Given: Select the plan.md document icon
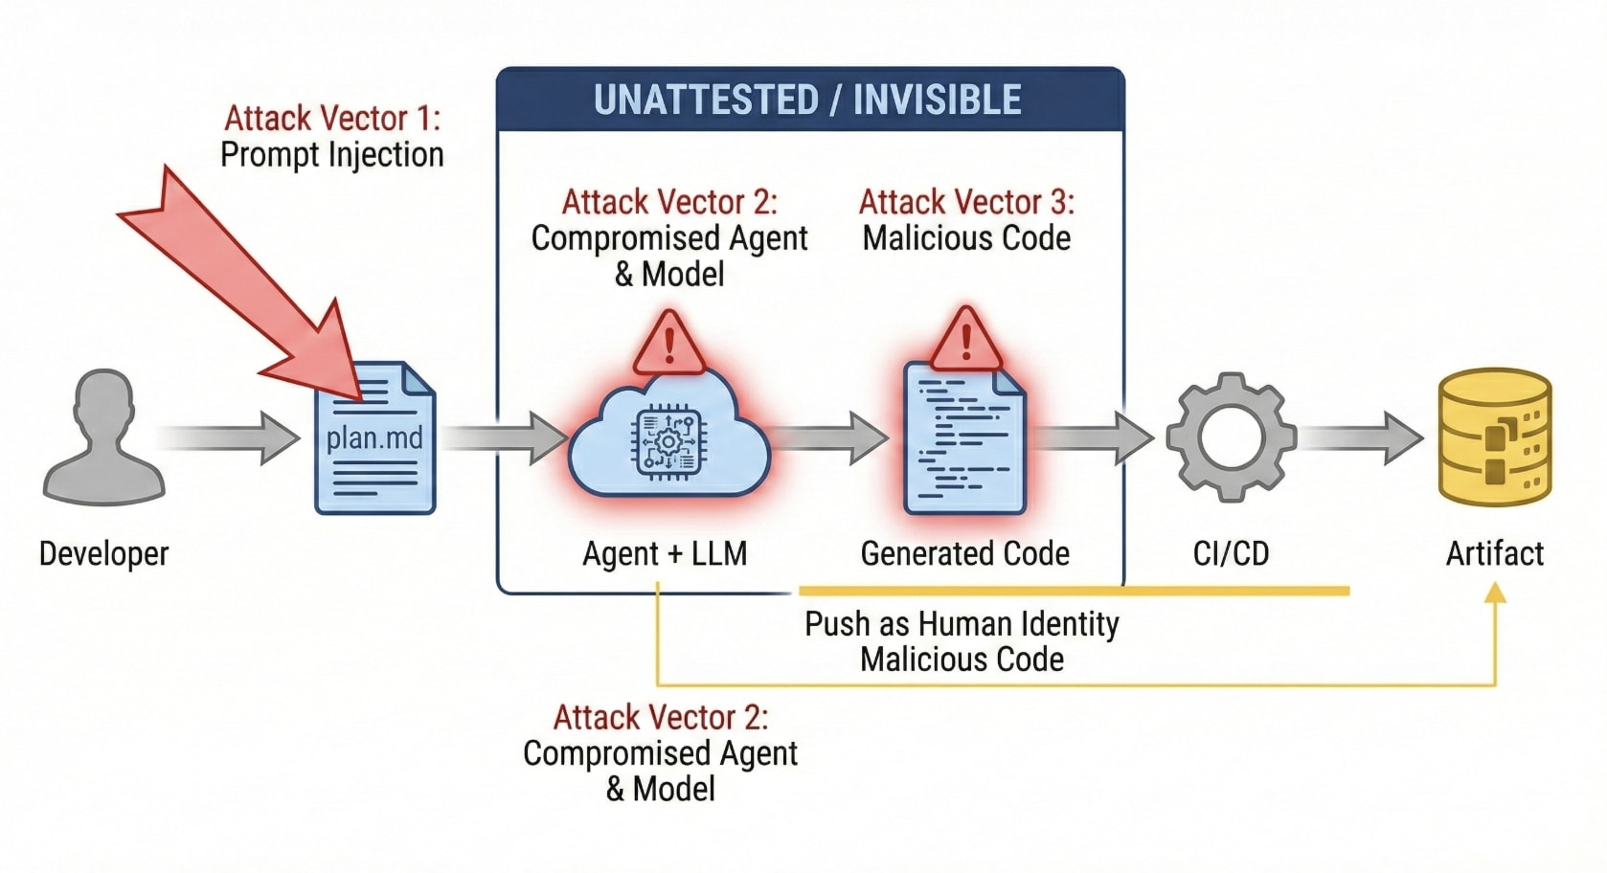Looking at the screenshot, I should (375, 437).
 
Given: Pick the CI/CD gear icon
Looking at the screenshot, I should (1231, 436).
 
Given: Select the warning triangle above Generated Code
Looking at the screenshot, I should (965, 340).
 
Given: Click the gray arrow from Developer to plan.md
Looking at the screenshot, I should (230, 437).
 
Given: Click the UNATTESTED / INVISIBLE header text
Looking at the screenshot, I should (807, 101).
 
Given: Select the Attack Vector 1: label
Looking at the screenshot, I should (332, 119).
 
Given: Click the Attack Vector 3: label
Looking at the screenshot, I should (966, 202).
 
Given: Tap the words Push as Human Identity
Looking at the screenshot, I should (962, 624).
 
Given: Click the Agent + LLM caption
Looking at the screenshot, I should (665, 553).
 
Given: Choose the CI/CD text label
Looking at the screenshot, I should (1231, 553).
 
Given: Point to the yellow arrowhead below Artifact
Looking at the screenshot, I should (1495, 594).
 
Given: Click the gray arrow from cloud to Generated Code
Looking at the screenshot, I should (831, 437).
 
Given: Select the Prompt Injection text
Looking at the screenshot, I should (332, 155).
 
